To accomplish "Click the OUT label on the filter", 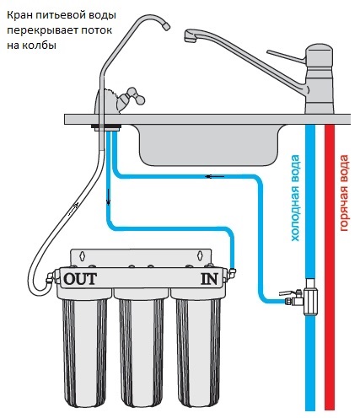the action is [x=80, y=279].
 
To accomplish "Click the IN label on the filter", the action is [x=209, y=279].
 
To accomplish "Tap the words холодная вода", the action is [x=295, y=198].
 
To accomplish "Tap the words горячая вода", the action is [x=344, y=193].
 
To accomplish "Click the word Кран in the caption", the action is [x=19, y=15].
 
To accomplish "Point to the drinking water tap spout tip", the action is [x=166, y=26].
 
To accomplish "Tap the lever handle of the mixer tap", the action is [x=286, y=56].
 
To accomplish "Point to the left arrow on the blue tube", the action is [x=215, y=176].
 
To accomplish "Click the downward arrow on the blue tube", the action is [x=109, y=197].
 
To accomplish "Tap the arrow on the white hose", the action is [x=73, y=208].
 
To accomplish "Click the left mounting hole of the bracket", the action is [x=82, y=255].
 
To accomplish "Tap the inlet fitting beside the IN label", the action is [x=232, y=272].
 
